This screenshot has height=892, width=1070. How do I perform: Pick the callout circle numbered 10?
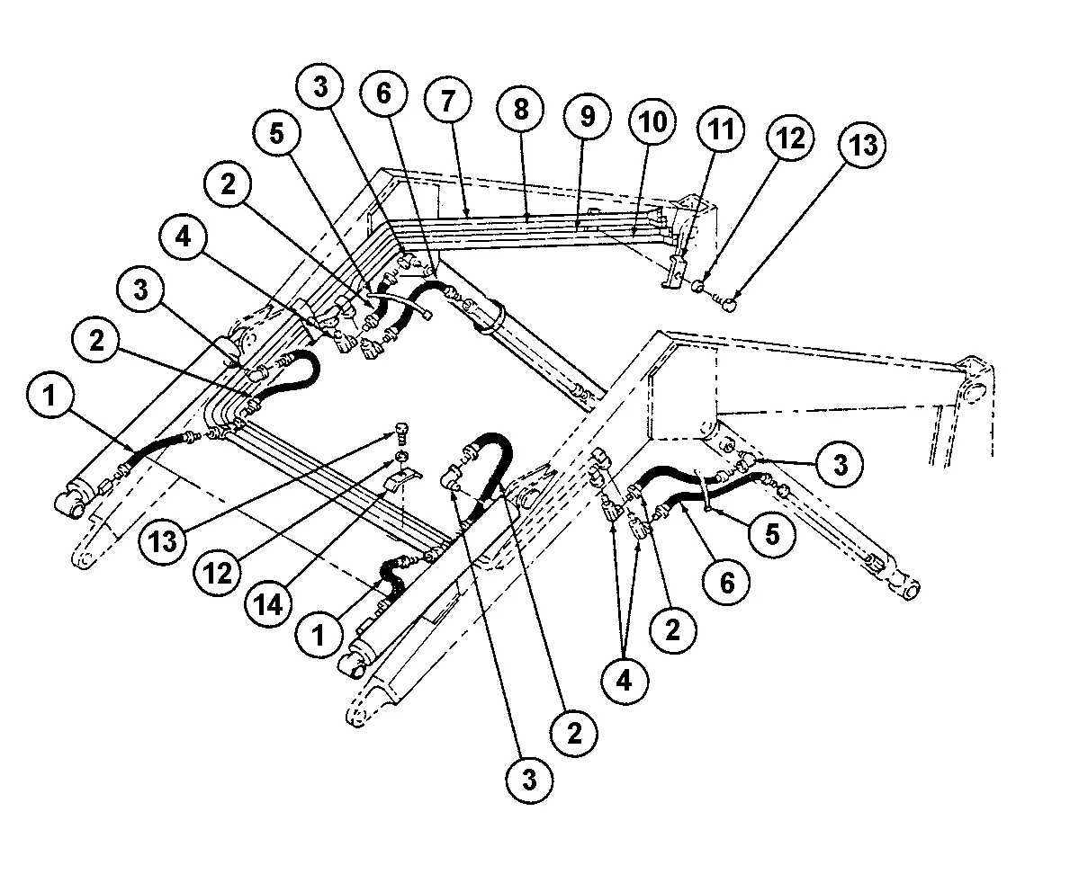pyautogui.click(x=653, y=121)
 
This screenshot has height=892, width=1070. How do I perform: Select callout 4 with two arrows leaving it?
pyautogui.click(x=623, y=679)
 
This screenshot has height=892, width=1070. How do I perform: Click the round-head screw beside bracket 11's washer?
pyautogui.click(x=728, y=303)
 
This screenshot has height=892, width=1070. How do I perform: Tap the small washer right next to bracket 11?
pyautogui.click(x=698, y=287)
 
